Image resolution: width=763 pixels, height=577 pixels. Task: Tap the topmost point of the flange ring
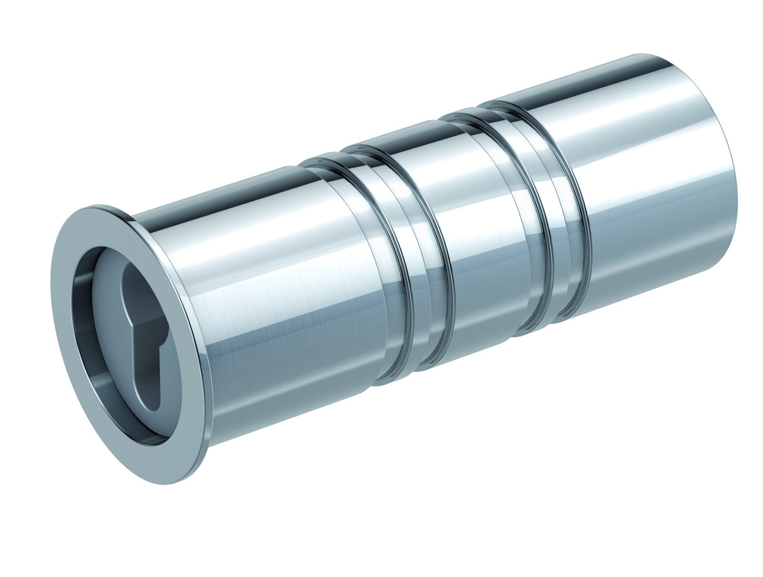pos(97,207)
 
